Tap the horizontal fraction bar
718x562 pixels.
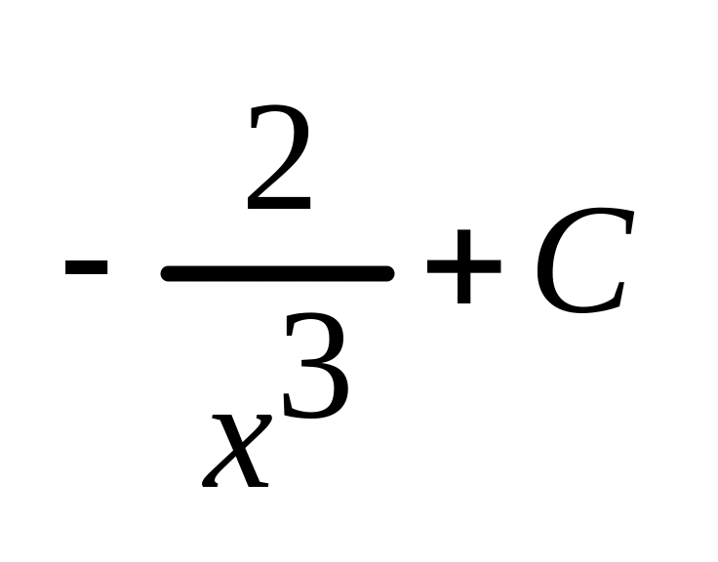coord(278,273)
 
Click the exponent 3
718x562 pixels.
coord(315,373)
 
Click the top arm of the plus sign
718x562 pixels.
coord(463,239)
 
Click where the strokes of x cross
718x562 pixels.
coord(237,448)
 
